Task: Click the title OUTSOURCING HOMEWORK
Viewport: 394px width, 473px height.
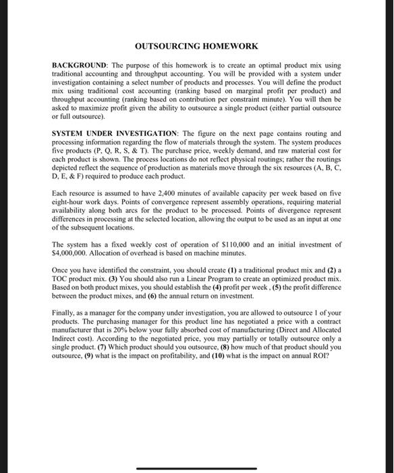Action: [x=196, y=46]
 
